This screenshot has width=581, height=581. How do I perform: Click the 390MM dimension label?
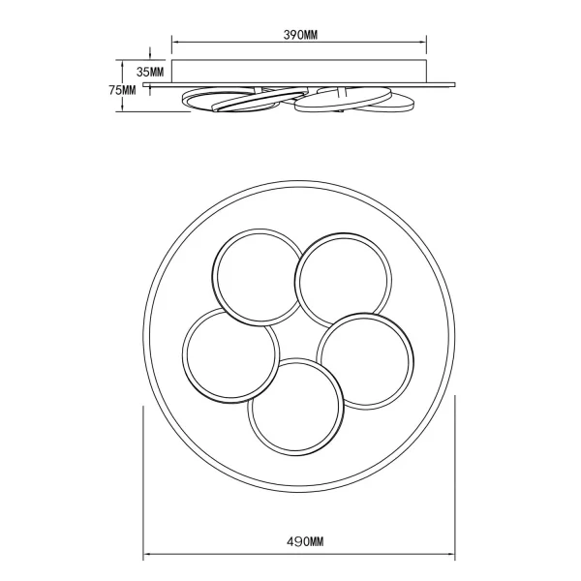[301, 34]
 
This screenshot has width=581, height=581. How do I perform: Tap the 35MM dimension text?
[150, 72]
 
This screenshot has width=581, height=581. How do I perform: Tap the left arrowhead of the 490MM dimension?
[147, 555]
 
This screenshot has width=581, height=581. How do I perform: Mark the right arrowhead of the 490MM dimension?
[454, 555]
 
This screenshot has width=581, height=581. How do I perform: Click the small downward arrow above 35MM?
[149, 54]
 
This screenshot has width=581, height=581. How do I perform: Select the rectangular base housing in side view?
[300, 72]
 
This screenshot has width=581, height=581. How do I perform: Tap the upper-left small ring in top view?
[257, 275]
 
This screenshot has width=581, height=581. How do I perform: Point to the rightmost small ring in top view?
[369, 359]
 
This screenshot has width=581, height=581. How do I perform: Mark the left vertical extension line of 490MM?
[143, 484]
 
